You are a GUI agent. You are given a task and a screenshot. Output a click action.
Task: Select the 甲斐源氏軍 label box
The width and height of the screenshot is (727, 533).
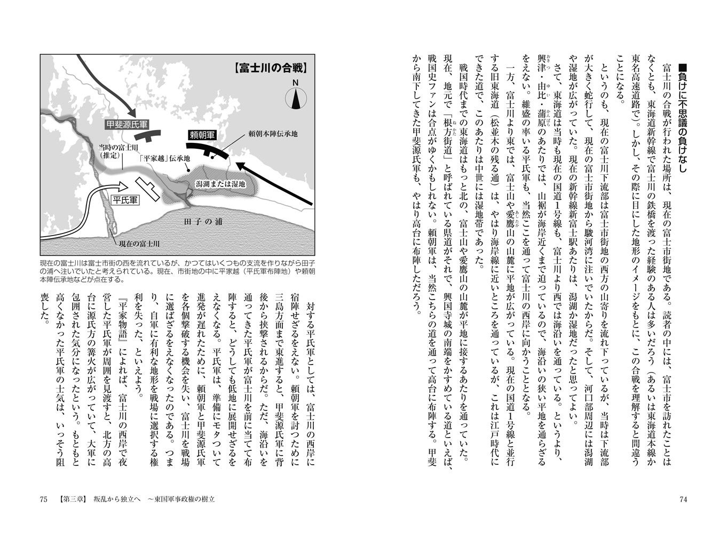[x=126, y=124]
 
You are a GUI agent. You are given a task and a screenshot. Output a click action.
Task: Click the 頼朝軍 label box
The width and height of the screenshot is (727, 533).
[x=201, y=135]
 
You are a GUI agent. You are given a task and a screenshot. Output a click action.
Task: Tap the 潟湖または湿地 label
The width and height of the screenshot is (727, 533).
[x=220, y=184]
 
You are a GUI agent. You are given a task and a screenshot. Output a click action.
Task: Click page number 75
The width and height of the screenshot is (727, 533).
[x=44, y=499]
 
